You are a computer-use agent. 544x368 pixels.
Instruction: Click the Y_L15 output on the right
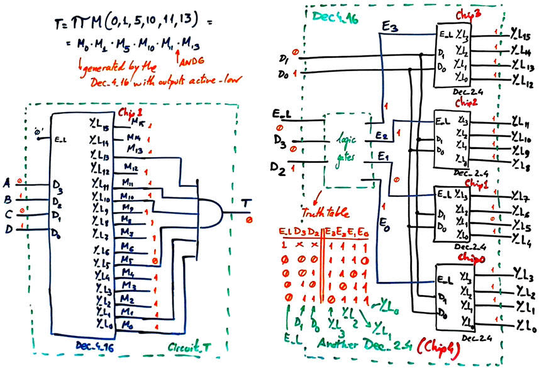(x=521, y=35)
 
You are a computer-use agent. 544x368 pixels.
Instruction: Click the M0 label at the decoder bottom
(x=128, y=325)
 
